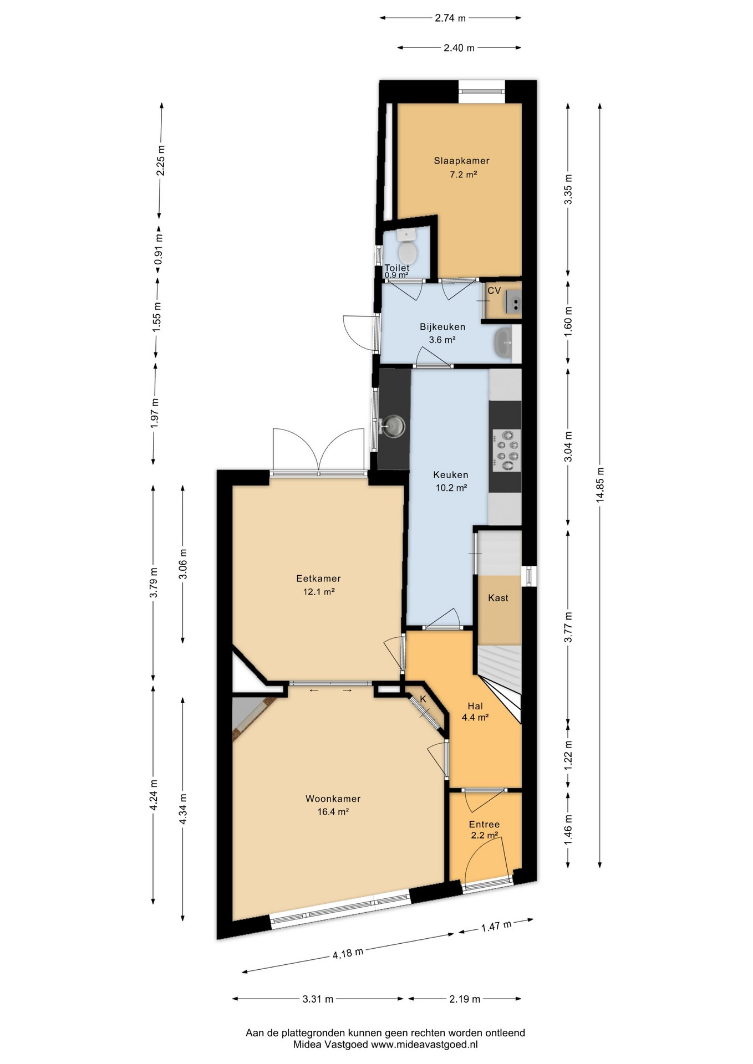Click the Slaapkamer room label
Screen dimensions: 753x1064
click(x=461, y=161)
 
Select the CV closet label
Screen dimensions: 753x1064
click(x=494, y=290)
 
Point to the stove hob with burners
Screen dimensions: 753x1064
click(x=506, y=449)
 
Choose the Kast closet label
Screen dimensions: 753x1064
click(x=498, y=598)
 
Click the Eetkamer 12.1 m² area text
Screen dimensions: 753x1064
click(x=319, y=592)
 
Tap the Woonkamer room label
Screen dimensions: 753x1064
click(x=333, y=799)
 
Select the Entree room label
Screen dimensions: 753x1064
click(x=484, y=824)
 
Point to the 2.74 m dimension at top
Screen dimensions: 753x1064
click(x=451, y=18)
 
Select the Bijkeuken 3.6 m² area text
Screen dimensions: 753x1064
click(x=442, y=340)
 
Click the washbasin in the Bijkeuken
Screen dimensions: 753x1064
click(x=503, y=343)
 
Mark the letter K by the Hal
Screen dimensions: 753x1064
click(x=423, y=699)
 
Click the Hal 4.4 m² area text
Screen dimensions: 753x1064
click(x=475, y=717)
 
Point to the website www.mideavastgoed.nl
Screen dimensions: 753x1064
click(x=424, y=1044)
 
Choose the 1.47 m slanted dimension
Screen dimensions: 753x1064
click(x=496, y=925)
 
